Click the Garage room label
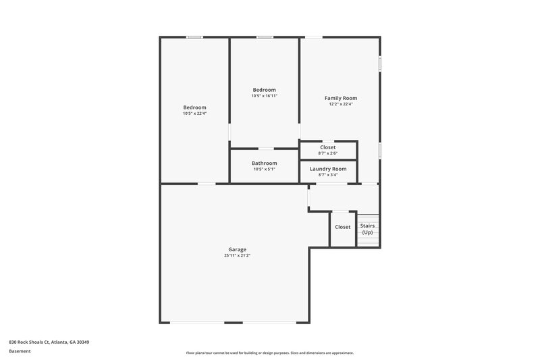[x=236, y=249]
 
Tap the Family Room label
[x=341, y=98]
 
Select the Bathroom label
[x=265, y=163]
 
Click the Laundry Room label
[x=328, y=168]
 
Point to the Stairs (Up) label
[x=367, y=229]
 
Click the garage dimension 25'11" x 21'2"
[x=236, y=255]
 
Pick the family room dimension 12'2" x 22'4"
[x=341, y=104]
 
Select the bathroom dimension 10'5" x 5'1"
[x=265, y=169]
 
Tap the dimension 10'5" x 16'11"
[x=265, y=96]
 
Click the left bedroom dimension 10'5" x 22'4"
[x=195, y=113]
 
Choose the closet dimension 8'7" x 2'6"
[x=328, y=153]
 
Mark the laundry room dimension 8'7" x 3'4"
[x=328, y=174]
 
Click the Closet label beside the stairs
[x=343, y=227]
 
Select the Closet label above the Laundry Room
[x=328, y=147]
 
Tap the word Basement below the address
[x=19, y=351]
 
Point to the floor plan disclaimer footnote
[x=270, y=353]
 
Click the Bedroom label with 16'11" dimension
[x=265, y=90]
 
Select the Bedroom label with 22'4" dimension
[x=195, y=107]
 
